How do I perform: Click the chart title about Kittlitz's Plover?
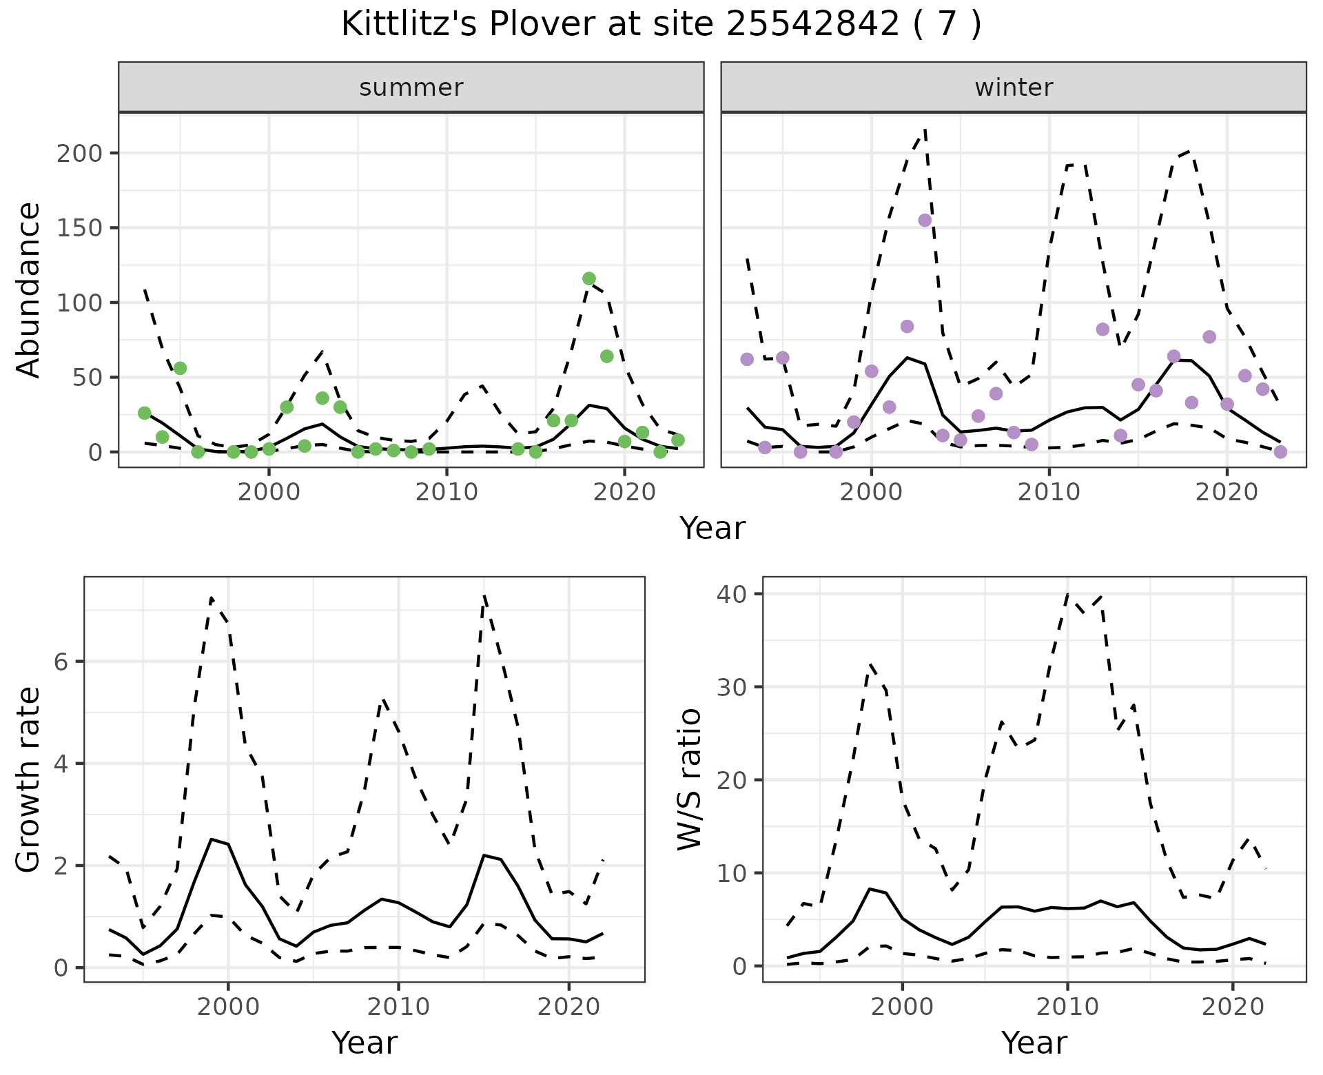[x=661, y=25]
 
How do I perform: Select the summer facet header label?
[x=411, y=88]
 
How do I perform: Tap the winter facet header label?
[x=1014, y=88]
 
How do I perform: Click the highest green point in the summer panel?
[x=589, y=278]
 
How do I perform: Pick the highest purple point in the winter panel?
[x=925, y=221]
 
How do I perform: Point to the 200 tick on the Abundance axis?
[x=79, y=153]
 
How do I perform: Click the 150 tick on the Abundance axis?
[x=79, y=228]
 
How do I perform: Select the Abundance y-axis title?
[x=29, y=289]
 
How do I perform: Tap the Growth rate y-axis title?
[x=29, y=779]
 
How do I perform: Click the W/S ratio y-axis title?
[x=689, y=779]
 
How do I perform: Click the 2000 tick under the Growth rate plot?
[x=228, y=1007]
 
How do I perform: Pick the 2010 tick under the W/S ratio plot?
[x=1067, y=1007]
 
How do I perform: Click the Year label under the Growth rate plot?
[x=365, y=1043]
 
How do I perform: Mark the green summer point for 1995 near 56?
[x=180, y=368]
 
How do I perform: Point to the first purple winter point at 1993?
[x=747, y=359]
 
